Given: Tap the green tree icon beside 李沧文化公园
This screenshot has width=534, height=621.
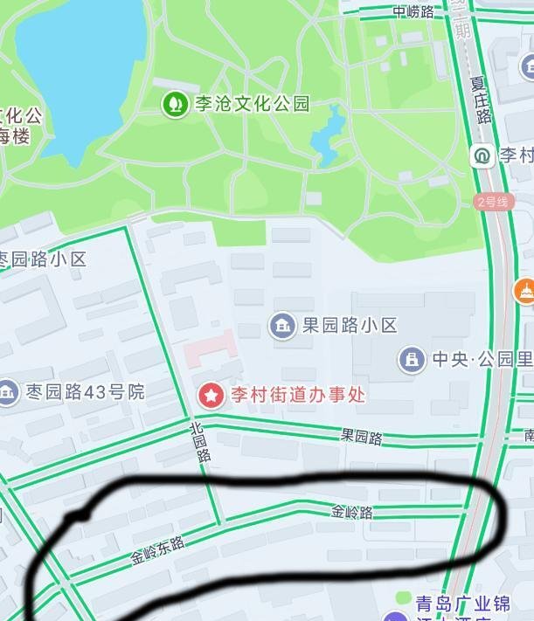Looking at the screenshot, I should click(x=175, y=105).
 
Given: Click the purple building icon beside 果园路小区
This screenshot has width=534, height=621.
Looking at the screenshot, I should click(x=281, y=326).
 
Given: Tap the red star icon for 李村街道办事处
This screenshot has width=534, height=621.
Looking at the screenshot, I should click(x=212, y=395).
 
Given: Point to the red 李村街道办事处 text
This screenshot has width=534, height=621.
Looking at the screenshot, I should click(x=297, y=395).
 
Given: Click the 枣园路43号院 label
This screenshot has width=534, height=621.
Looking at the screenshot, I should click(x=86, y=391).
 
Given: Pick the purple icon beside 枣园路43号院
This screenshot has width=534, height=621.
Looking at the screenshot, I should click(x=7, y=392).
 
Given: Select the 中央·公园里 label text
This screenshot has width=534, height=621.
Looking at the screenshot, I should click(x=482, y=358).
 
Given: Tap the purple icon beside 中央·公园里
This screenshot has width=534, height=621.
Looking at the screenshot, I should click(x=412, y=358).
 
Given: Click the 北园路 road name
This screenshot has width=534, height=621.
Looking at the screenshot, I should click(x=201, y=441).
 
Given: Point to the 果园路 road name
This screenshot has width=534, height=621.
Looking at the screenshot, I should click(x=361, y=438).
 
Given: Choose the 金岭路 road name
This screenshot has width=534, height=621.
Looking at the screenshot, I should click(x=352, y=512).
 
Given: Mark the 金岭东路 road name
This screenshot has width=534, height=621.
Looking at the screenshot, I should click(x=158, y=549).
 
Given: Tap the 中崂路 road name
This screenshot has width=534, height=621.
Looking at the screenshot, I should click(x=413, y=11).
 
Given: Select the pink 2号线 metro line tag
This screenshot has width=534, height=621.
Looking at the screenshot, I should click(x=492, y=202).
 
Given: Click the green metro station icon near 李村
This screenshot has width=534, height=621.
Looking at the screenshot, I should click(x=482, y=155).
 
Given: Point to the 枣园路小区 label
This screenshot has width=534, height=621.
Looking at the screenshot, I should click(x=44, y=259).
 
